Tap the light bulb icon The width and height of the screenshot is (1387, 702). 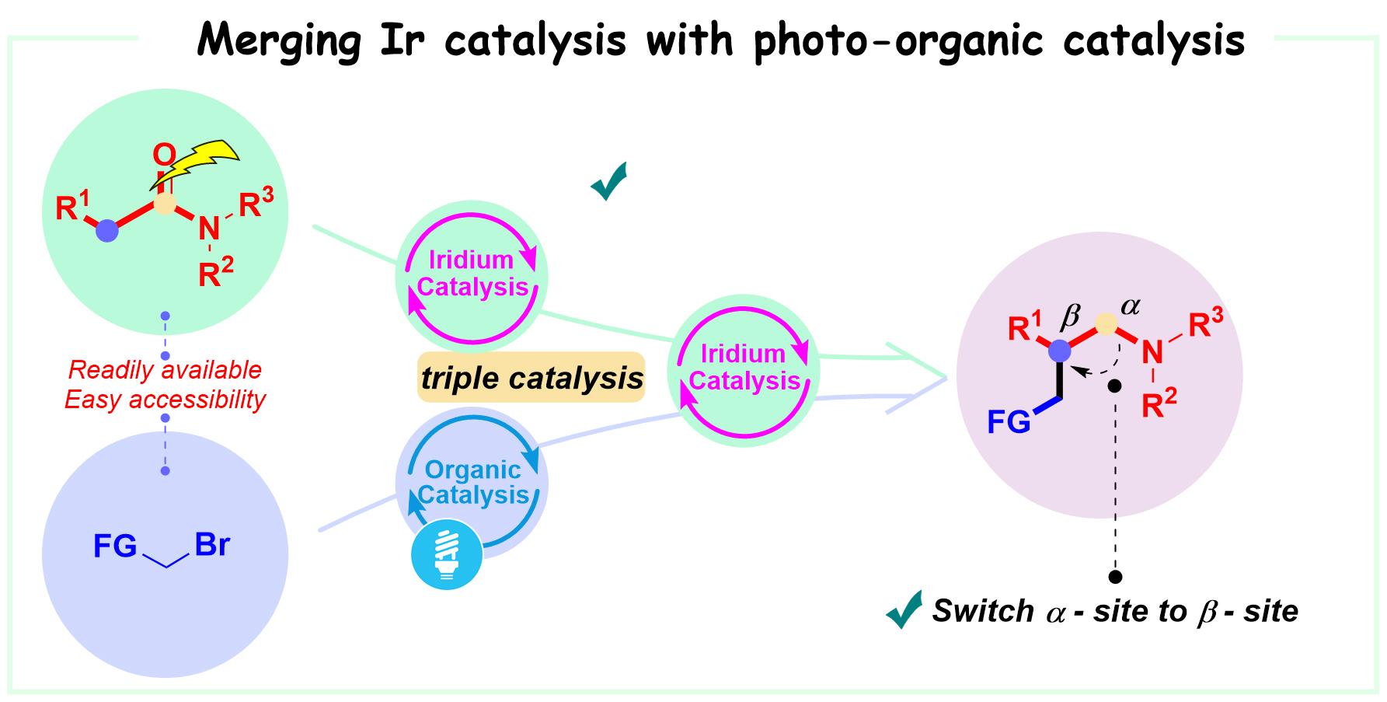[446, 554]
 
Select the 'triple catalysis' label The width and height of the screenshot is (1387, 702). [531, 378]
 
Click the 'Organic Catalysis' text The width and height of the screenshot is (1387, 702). [473, 482]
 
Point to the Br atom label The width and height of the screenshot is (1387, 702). [212, 544]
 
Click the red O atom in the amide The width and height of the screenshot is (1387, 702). [164, 155]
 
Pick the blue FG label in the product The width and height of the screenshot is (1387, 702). [1009, 422]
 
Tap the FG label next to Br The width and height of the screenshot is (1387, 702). [115, 546]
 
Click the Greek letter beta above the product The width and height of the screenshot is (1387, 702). [1071, 316]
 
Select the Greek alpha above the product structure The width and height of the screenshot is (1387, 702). [1131, 306]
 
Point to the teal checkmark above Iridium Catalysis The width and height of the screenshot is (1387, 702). [609, 181]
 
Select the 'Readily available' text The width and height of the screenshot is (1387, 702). [165, 369]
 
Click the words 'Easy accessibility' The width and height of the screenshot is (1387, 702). [165, 400]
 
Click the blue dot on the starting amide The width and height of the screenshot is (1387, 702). [107, 231]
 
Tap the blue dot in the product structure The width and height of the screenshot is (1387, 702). [1059, 351]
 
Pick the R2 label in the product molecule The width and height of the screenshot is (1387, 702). [1159, 403]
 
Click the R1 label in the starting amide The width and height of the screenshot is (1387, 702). [73, 206]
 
